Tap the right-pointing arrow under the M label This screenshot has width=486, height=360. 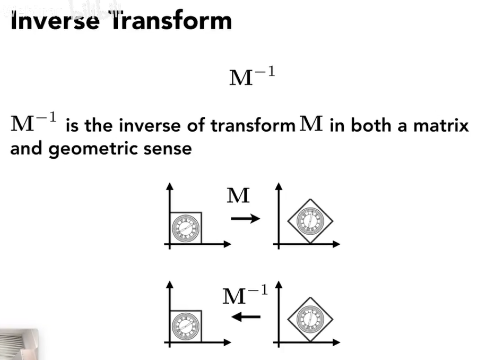coord(245,218)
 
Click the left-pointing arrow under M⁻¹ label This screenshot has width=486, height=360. coord(246,317)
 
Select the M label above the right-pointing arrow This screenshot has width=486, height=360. coord(238,196)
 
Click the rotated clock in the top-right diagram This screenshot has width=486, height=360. coord(309,220)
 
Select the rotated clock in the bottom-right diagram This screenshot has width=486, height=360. coord(309,319)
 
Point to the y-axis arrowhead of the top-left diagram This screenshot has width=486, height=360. coord(170,186)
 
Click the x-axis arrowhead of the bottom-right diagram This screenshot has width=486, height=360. coord(336,343)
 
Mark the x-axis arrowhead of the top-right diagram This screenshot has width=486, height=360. coord(336,244)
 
